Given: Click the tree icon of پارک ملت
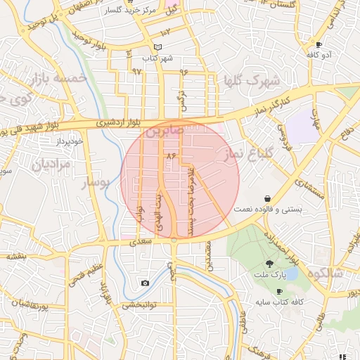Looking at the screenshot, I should (x=269, y=262).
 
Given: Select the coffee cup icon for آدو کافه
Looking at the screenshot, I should (x=319, y=44).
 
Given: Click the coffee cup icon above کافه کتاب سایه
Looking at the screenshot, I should (x=279, y=290).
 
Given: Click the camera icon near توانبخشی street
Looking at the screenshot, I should (x=145, y=283).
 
